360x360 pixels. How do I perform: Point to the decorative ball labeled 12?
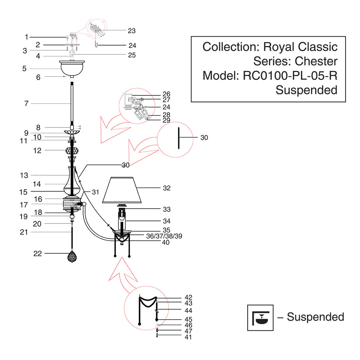(x=72, y=150)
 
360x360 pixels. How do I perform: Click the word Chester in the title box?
(x=316, y=61)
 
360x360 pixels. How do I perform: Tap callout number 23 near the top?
(x=131, y=31)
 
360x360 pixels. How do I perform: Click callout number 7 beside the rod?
(x=26, y=104)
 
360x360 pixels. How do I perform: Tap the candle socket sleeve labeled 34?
(x=122, y=220)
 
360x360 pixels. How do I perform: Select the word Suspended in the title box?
(x=306, y=90)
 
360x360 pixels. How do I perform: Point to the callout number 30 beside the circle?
(x=204, y=138)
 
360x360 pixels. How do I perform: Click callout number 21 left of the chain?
(x=24, y=233)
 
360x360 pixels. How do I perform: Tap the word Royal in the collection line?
(x=279, y=47)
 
